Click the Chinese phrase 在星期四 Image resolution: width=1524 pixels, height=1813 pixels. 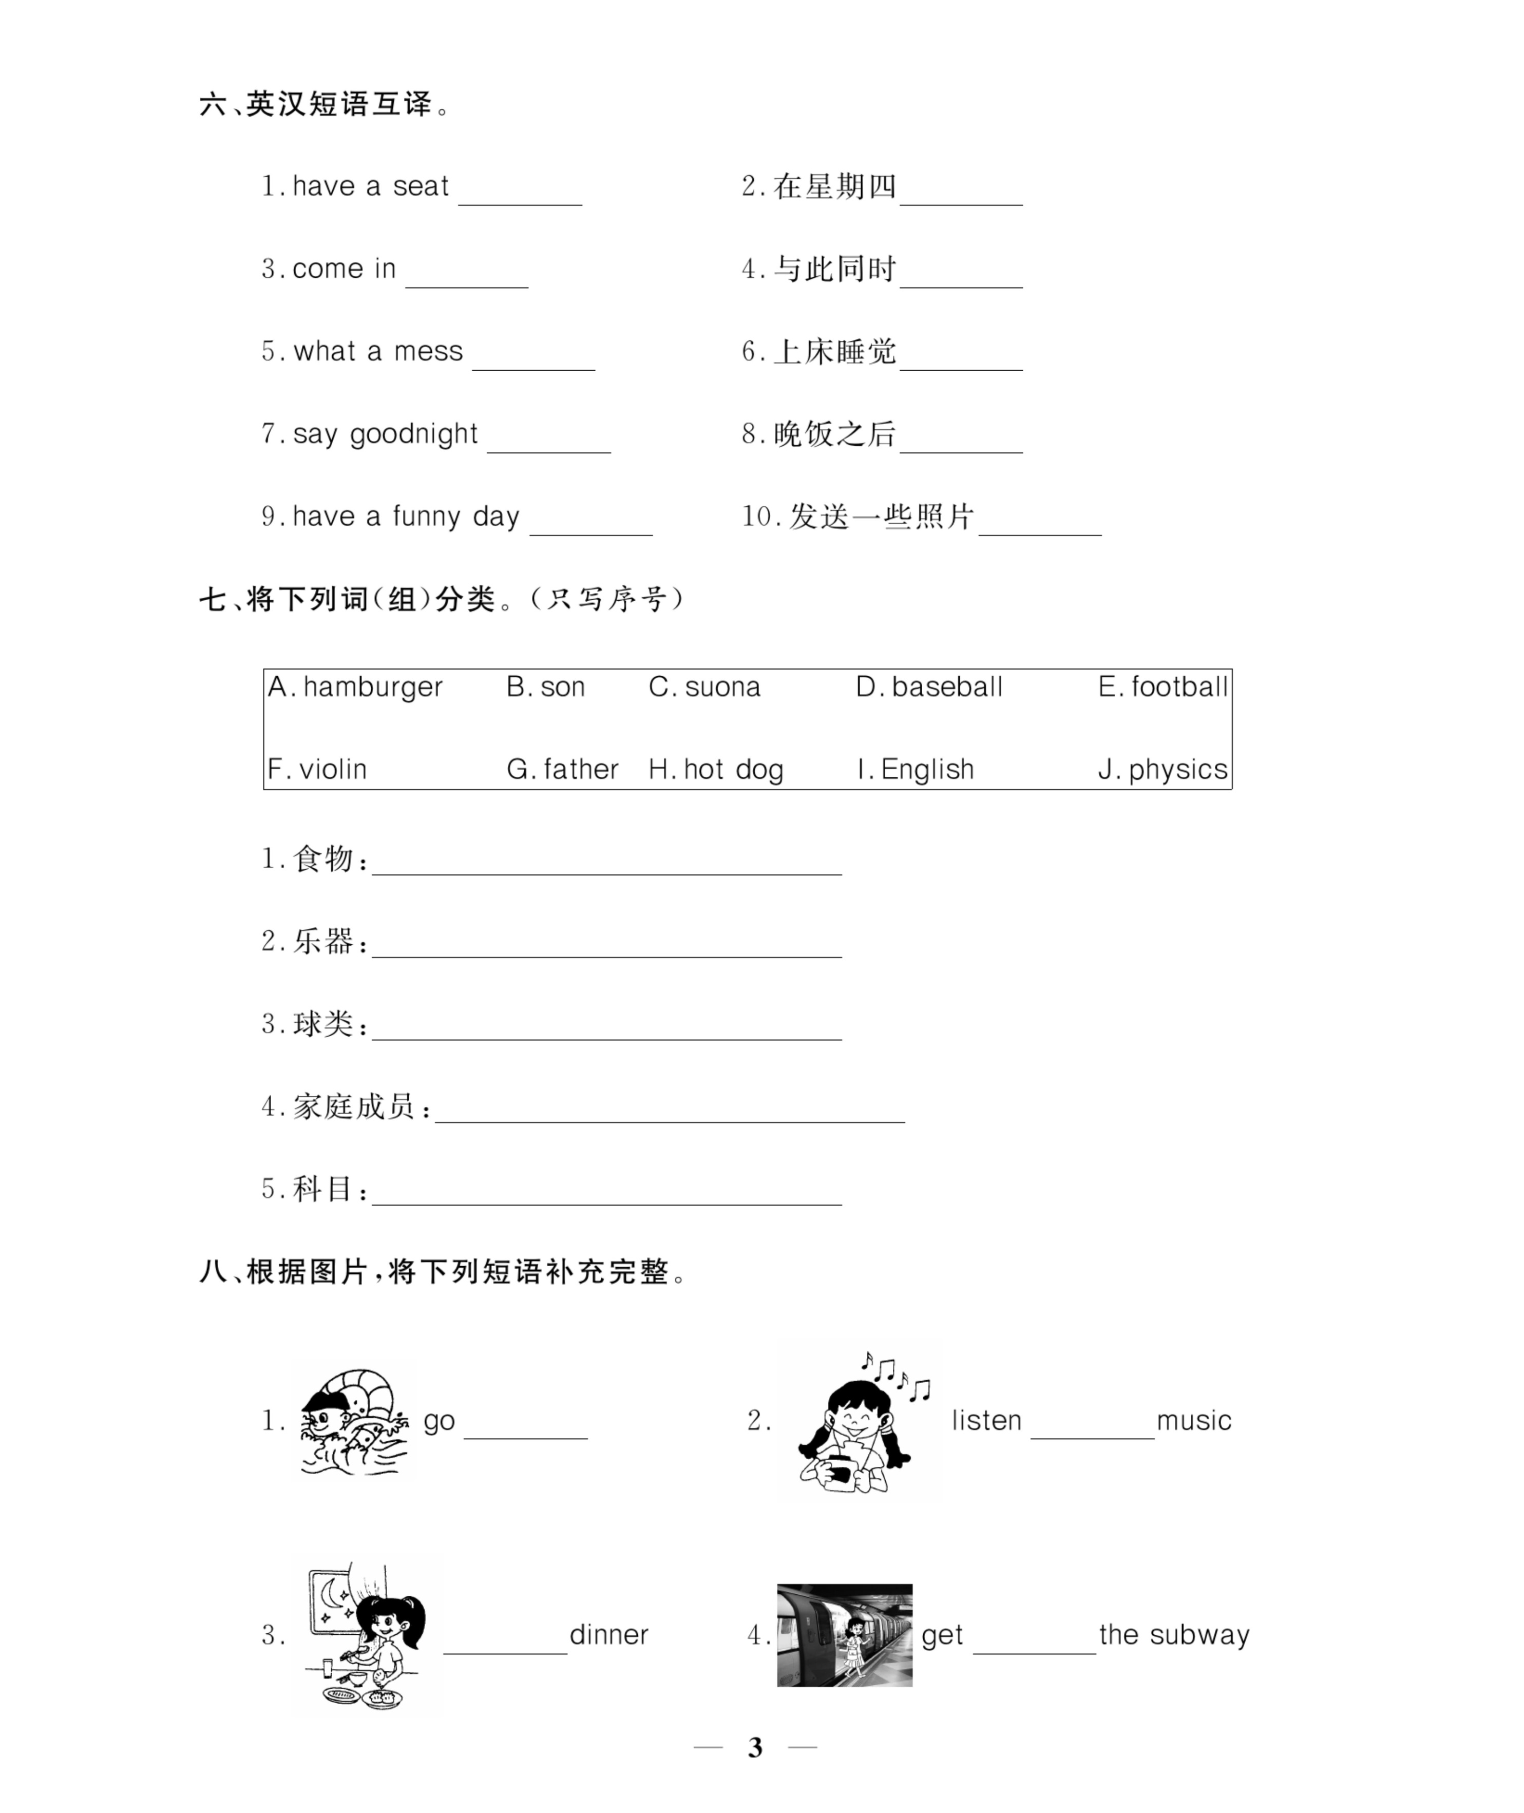click(834, 186)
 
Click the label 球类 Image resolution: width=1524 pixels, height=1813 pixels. click(323, 1024)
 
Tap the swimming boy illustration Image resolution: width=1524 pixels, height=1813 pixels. click(354, 1421)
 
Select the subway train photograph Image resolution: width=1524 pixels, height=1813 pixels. click(844, 1635)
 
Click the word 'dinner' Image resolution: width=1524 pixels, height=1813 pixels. click(608, 1635)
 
